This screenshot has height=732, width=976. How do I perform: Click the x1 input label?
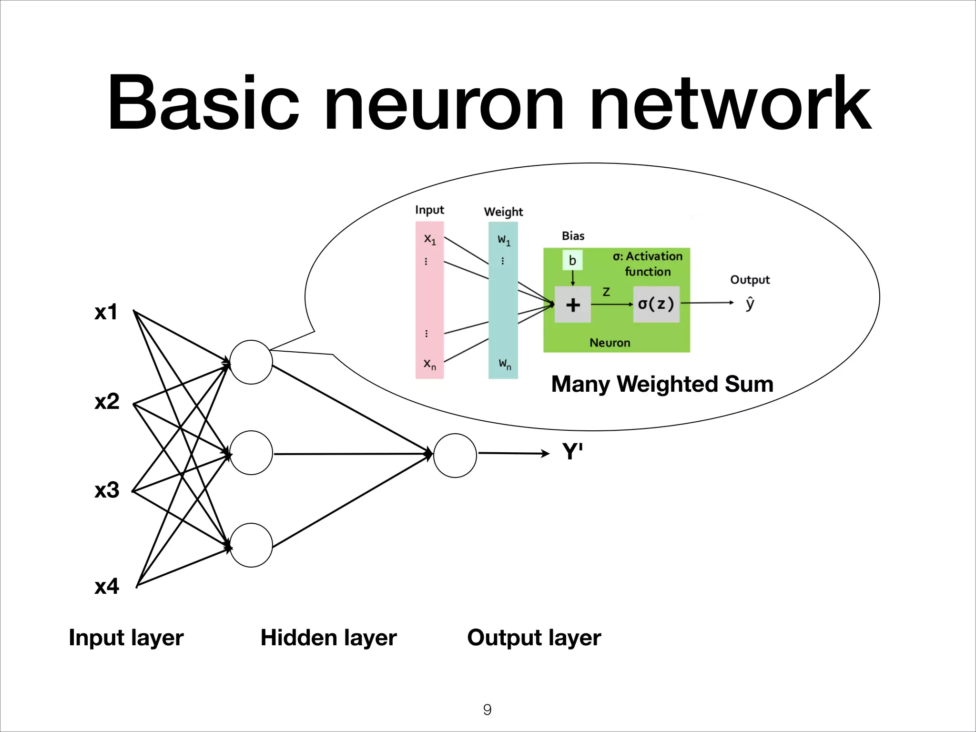coord(106,313)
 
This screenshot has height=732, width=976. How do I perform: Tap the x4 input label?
coord(107,587)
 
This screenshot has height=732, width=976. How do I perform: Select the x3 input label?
coord(107,490)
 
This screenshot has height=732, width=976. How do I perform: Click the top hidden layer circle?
coord(251,362)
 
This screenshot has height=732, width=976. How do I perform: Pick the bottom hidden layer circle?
coord(251,545)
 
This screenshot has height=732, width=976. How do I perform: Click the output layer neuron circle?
coord(455,455)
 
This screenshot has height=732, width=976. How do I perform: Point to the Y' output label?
coord(572,451)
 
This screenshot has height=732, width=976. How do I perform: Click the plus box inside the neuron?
coord(573,305)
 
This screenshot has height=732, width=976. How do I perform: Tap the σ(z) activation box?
coord(656,304)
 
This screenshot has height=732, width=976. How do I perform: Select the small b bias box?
coord(572,260)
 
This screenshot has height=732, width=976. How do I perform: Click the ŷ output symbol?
coord(750,304)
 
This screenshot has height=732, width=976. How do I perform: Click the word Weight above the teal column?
coord(503,212)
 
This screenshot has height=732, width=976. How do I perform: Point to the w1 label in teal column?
coord(504,240)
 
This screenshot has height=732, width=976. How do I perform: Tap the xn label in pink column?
coord(430,365)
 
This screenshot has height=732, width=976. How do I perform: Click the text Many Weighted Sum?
coord(662,384)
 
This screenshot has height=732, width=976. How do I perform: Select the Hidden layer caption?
coord(328,638)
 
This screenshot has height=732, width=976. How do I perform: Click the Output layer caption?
coord(534,638)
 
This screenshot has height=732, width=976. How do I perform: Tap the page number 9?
coord(487,710)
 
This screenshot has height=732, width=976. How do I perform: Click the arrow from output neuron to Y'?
coord(514,453)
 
